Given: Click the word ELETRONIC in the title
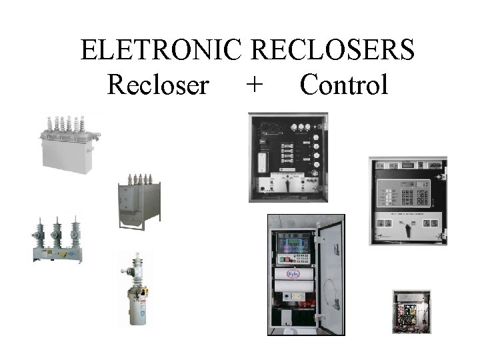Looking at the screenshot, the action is pos(162,50).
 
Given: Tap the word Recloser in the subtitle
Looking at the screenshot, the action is pos(158,85).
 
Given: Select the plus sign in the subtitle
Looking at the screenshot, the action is pos(253,85).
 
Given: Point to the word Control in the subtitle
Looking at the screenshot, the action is pos(343,85).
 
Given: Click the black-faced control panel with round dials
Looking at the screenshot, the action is pos(288,157).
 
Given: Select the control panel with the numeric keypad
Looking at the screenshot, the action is pos(408,201).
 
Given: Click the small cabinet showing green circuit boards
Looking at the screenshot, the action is pos(411,311).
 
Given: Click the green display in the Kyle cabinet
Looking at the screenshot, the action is pos(293,241).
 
